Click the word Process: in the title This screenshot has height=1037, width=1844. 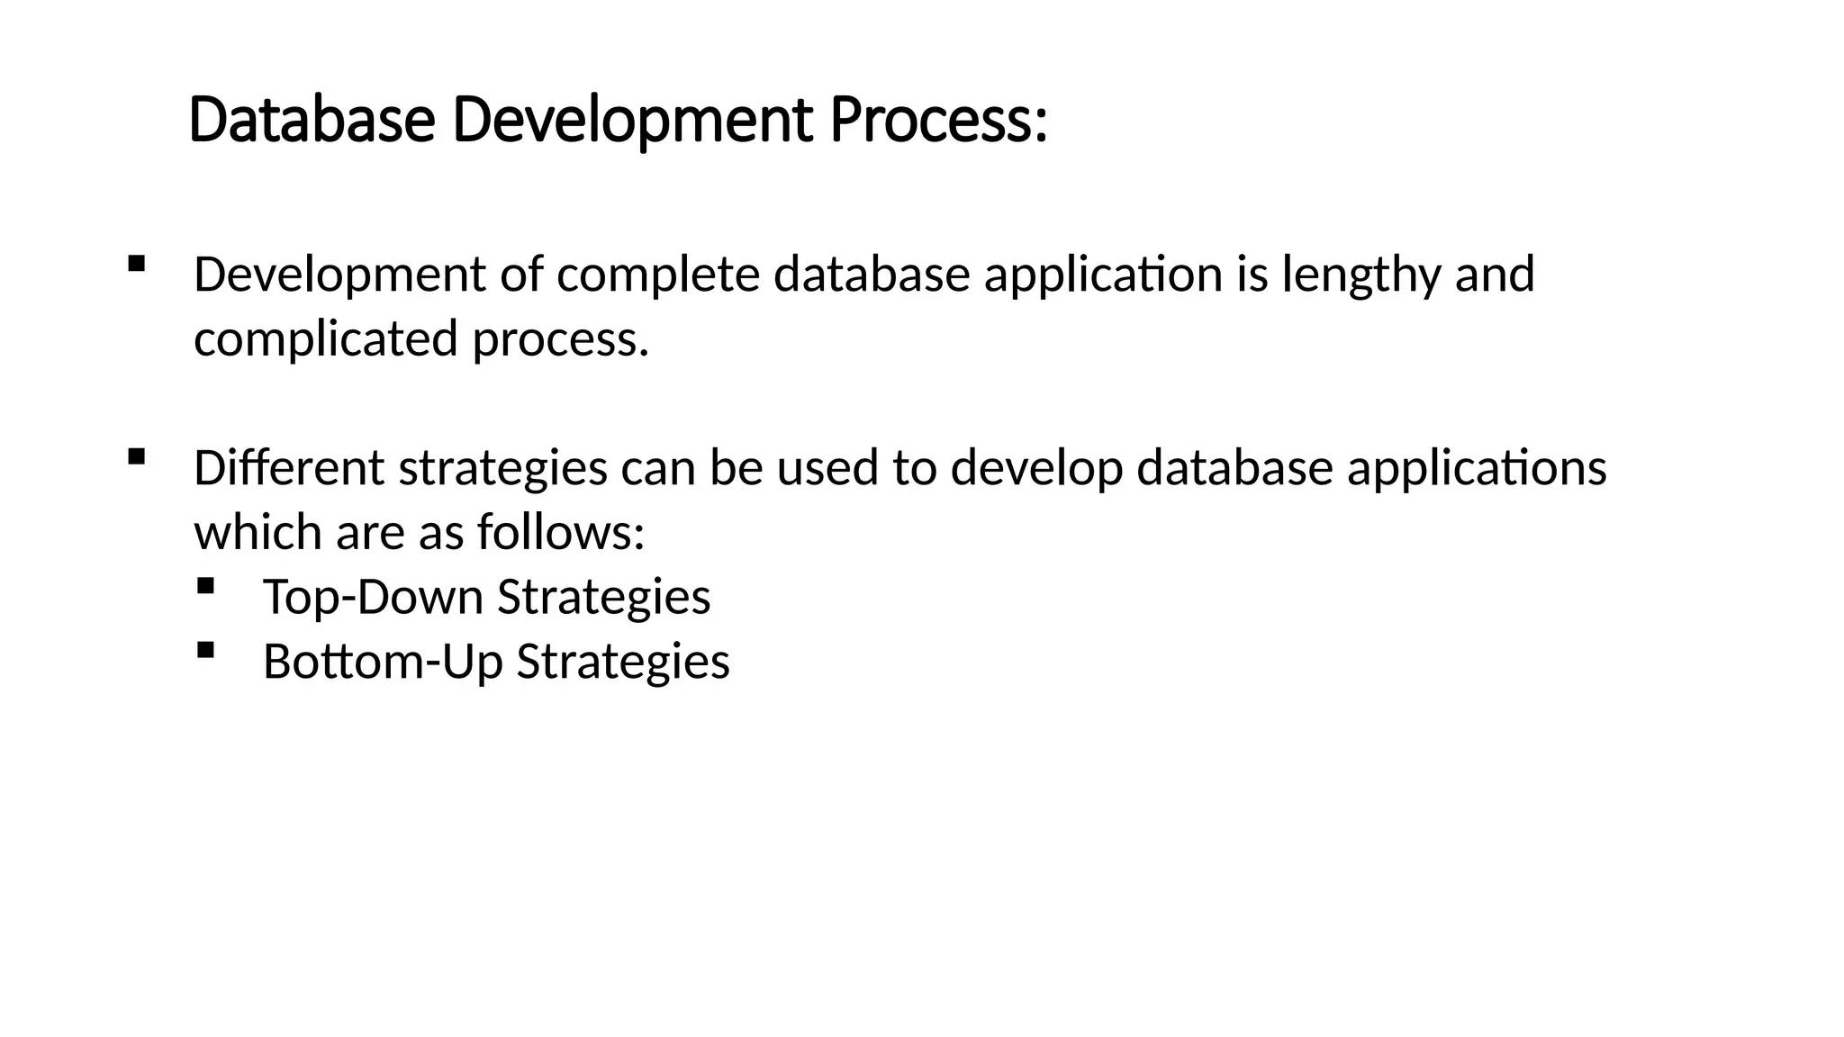point(938,121)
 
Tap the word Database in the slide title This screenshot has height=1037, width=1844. point(312,121)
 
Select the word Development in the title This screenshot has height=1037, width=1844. point(632,121)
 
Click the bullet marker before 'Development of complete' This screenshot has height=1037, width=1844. point(137,264)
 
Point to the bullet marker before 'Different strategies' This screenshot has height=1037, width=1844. point(137,457)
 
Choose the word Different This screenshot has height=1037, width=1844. point(288,468)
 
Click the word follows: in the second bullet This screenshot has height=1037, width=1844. point(560,533)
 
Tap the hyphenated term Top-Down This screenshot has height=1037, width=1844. point(373,597)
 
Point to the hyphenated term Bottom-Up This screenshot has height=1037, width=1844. point(382,662)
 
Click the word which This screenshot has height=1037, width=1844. point(258,533)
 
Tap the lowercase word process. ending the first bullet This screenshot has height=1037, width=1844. point(560,339)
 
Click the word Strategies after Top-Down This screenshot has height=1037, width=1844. point(603,597)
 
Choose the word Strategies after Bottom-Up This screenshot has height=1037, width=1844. point(622,662)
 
